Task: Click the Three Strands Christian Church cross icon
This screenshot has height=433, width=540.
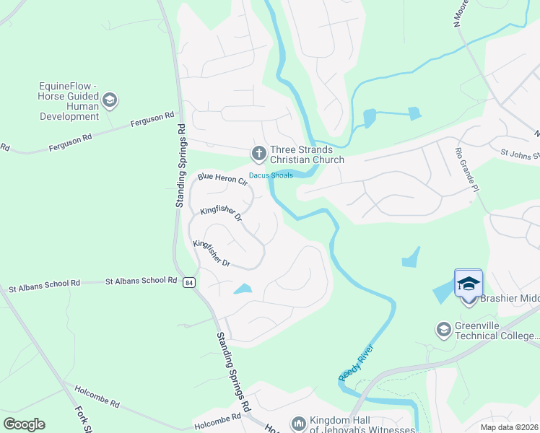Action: [x=258, y=153]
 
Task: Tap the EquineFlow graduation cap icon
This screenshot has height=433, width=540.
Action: [x=110, y=100]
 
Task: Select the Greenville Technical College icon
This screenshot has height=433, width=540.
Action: [x=443, y=331]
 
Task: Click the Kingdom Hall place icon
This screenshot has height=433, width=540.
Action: [x=298, y=424]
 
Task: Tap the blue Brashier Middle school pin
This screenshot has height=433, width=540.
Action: [x=468, y=284]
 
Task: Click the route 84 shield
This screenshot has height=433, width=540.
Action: [x=188, y=281]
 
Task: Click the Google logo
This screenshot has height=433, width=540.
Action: [x=24, y=424]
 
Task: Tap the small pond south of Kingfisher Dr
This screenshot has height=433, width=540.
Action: [x=243, y=289]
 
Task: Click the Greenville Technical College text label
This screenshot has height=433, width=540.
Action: [x=497, y=331]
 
